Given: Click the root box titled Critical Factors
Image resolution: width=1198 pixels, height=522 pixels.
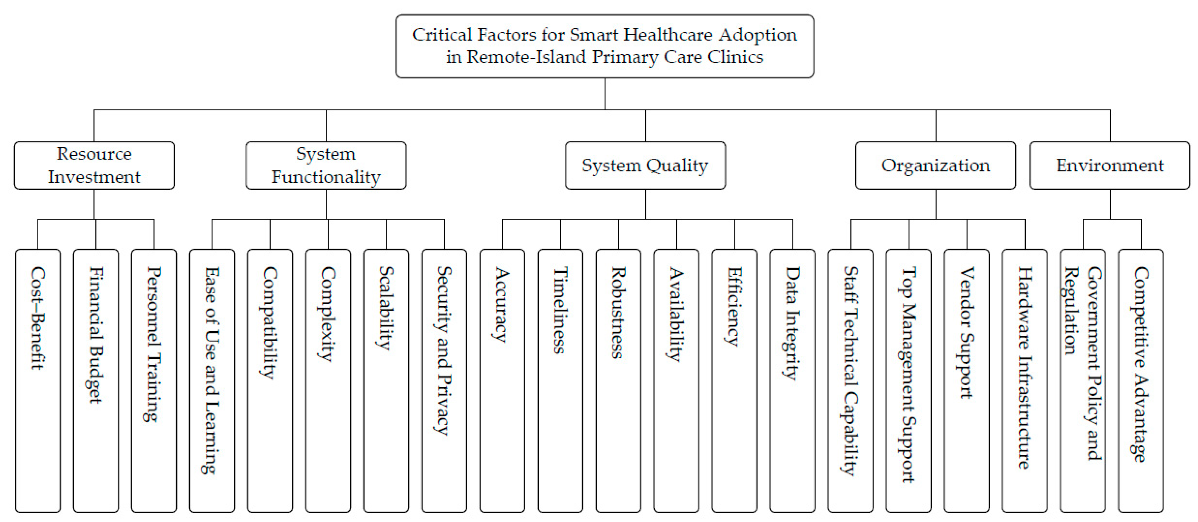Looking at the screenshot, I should pyautogui.click(x=605, y=46).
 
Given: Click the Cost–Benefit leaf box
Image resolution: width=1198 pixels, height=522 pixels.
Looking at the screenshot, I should pyautogui.click(x=38, y=381).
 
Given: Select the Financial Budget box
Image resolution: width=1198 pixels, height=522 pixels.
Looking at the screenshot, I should pyautogui.click(x=96, y=381).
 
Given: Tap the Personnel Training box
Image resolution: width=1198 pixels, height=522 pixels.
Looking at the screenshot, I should pyautogui.click(x=154, y=381).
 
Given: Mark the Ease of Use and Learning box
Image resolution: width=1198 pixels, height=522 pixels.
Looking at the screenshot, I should pyautogui.click(x=212, y=381).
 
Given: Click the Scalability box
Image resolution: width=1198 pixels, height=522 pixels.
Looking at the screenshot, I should pyautogui.click(x=386, y=381).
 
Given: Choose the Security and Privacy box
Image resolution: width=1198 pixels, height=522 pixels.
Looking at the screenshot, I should pyautogui.click(x=444, y=381).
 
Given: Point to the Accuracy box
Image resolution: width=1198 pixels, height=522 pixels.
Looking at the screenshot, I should pyautogui.click(x=502, y=381).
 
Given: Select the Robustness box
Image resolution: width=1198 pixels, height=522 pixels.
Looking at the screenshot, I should pyautogui.click(x=618, y=381).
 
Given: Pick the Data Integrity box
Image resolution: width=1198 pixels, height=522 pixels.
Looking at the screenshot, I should pyautogui.click(x=792, y=381).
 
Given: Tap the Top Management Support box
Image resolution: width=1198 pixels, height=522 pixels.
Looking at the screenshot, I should pyautogui.click(x=908, y=381).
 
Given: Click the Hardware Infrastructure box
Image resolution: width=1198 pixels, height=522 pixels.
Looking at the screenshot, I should pyautogui.click(x=1024, y=381).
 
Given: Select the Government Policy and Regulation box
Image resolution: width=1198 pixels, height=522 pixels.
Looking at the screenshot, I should pyautogui.click(x=1083, y=381).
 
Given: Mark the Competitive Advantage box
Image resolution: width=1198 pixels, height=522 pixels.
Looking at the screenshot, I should pyautogui.click(x=1141, y=381).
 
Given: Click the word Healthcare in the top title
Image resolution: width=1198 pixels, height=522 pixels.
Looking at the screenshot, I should pyautogui.click(x=668, y=35).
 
